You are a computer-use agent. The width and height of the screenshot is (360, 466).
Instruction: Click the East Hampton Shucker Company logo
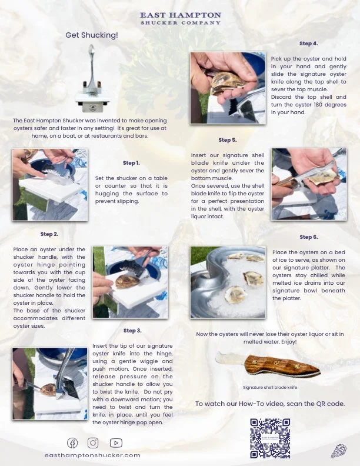tap(181, 18)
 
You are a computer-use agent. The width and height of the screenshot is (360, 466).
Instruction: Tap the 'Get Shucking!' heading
tap(92, 35)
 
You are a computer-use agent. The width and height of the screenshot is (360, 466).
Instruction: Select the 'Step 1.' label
tap(131, 163)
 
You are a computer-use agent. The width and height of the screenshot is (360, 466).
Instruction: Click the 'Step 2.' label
tap(49, 234)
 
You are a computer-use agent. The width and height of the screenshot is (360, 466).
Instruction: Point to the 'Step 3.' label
tap(132, 331)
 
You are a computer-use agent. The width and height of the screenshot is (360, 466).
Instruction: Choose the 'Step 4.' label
tap(308, 44)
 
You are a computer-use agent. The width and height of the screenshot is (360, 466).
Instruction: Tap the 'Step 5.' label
tap(227, 140)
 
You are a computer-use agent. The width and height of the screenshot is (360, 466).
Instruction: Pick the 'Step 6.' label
tap(308, 237)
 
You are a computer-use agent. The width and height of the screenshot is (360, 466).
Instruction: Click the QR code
tap(270, 438)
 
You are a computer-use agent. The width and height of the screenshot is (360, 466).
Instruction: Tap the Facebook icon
tap(72, 443)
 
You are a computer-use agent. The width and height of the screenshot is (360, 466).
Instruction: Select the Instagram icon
tap(93, 443)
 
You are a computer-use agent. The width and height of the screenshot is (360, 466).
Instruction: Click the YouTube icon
tap(116, 443)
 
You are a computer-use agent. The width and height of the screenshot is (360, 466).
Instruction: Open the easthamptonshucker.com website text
tap(92, 455)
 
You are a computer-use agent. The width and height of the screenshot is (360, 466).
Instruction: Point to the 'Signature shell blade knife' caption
tap(270, 388)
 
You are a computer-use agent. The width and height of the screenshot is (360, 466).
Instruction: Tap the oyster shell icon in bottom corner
tap(338, 451)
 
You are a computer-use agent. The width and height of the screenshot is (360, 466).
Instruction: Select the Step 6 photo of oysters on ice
tap(228, 282)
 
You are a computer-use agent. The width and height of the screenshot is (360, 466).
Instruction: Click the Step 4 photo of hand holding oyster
tap(224, 88)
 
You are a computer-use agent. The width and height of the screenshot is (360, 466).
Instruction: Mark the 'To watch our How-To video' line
tap(269, 404)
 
